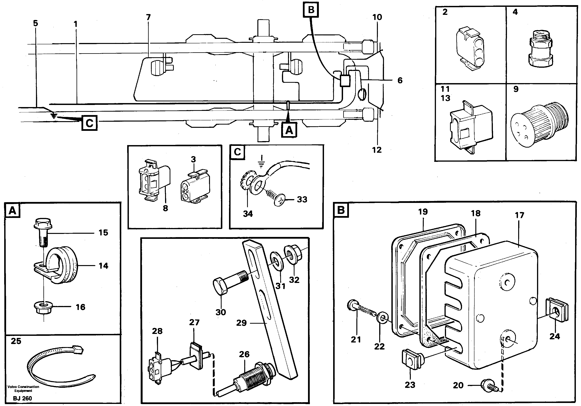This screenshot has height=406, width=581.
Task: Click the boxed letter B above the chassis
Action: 311,10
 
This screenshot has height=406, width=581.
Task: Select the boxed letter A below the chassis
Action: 289,130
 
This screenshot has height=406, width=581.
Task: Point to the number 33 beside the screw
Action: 302,199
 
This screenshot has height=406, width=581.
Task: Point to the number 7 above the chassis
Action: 148,17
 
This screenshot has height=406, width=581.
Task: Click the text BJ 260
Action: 22,399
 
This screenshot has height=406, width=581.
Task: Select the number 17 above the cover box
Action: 519,215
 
